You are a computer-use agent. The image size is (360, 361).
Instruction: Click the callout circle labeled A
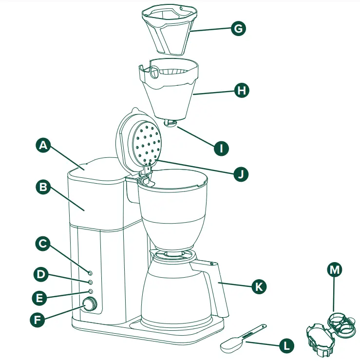[x=44, y=145]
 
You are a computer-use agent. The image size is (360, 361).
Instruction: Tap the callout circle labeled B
[x=44, y=187]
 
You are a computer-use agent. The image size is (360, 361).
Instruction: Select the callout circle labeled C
[x=44, y=244]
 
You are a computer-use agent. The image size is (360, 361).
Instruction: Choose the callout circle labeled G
[x=238, y=28]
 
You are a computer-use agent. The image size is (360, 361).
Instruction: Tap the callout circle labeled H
[x=241, y=90]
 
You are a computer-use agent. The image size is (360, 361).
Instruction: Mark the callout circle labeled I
[x=221, y=148]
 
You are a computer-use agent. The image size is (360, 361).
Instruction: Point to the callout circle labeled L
[x=286, y=346]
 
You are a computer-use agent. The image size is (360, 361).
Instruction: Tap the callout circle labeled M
[x=334, y=269]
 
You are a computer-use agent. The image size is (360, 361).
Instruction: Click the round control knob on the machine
[x=89, y=305]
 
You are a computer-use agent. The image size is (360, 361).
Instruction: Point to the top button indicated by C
[x=90, y=272]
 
